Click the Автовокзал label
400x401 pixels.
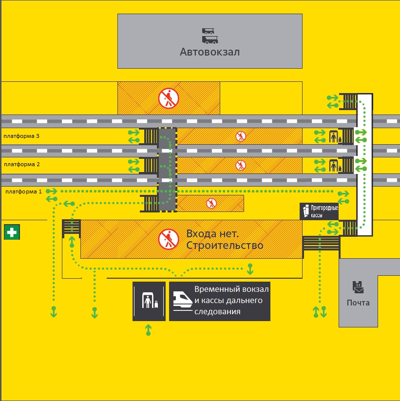click(x=210, y=52)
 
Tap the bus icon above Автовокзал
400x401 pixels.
click(x=210, y=36)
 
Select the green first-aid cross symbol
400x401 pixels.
click(x=12, y=232)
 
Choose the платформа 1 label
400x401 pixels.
click(x=24, y=192)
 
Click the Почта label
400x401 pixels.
click(x=358, y=303)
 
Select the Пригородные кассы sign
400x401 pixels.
click(x=319, y=211)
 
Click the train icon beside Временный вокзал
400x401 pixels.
click(x=182, y=300)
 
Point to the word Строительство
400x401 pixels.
click(x=225, y=245)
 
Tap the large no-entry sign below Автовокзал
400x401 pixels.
click(x=169, y=98)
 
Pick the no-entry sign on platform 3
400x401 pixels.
click(x=241, y=136)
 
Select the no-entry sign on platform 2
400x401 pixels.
click(x=241, y=165)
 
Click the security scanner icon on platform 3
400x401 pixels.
click(x=334, y=136)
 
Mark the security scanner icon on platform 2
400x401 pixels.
click(x=334, y=166)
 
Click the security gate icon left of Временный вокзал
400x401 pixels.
click(x=149, y=301)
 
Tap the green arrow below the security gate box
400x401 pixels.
click(x=149, y=330)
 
